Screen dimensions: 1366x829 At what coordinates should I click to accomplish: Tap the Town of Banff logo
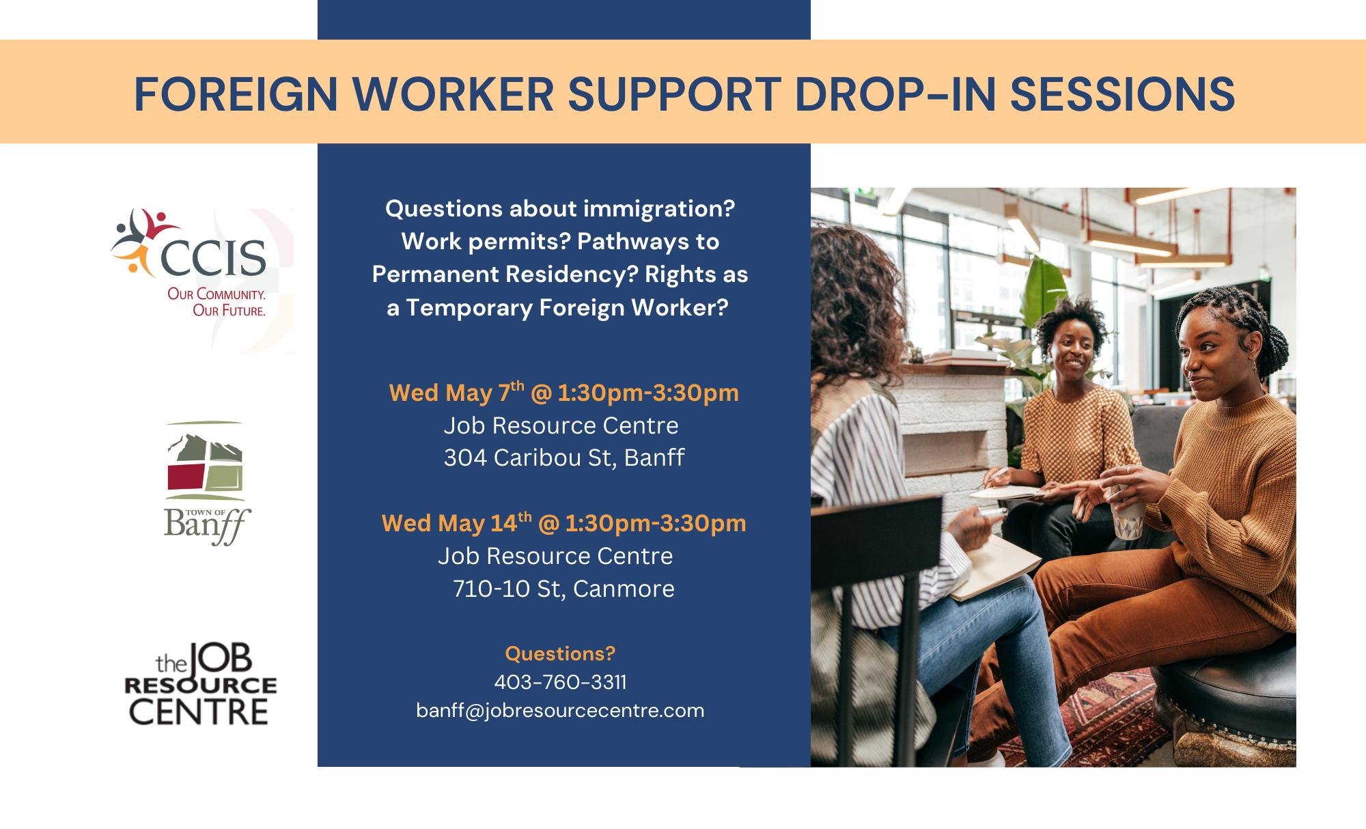pyautogui.click(x=206, y=483)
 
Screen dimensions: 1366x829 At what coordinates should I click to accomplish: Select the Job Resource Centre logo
pyautogui.click(x=200, y=684)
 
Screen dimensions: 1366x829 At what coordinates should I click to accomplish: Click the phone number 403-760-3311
pyautogui.click(x=560, y=682)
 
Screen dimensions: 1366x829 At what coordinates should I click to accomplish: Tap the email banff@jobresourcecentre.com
pyautogui.click(x=560, y=710)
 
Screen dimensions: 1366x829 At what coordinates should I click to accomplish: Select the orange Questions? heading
pyautogui.click(x=560, y=654)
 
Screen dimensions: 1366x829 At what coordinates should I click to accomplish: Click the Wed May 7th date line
pyautogui.click(x=563, y=392)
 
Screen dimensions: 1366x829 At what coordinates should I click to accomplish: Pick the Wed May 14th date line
pyautogui.click(x=563, y=522)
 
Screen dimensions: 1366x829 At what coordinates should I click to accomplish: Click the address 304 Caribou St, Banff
pyautogui.click(x=563, y=458)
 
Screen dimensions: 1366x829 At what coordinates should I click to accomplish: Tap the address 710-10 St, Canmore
pyautogui.click(x=563, y=589)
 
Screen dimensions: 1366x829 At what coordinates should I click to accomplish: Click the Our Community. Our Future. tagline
pyautogui.click(x=217, y=303)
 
